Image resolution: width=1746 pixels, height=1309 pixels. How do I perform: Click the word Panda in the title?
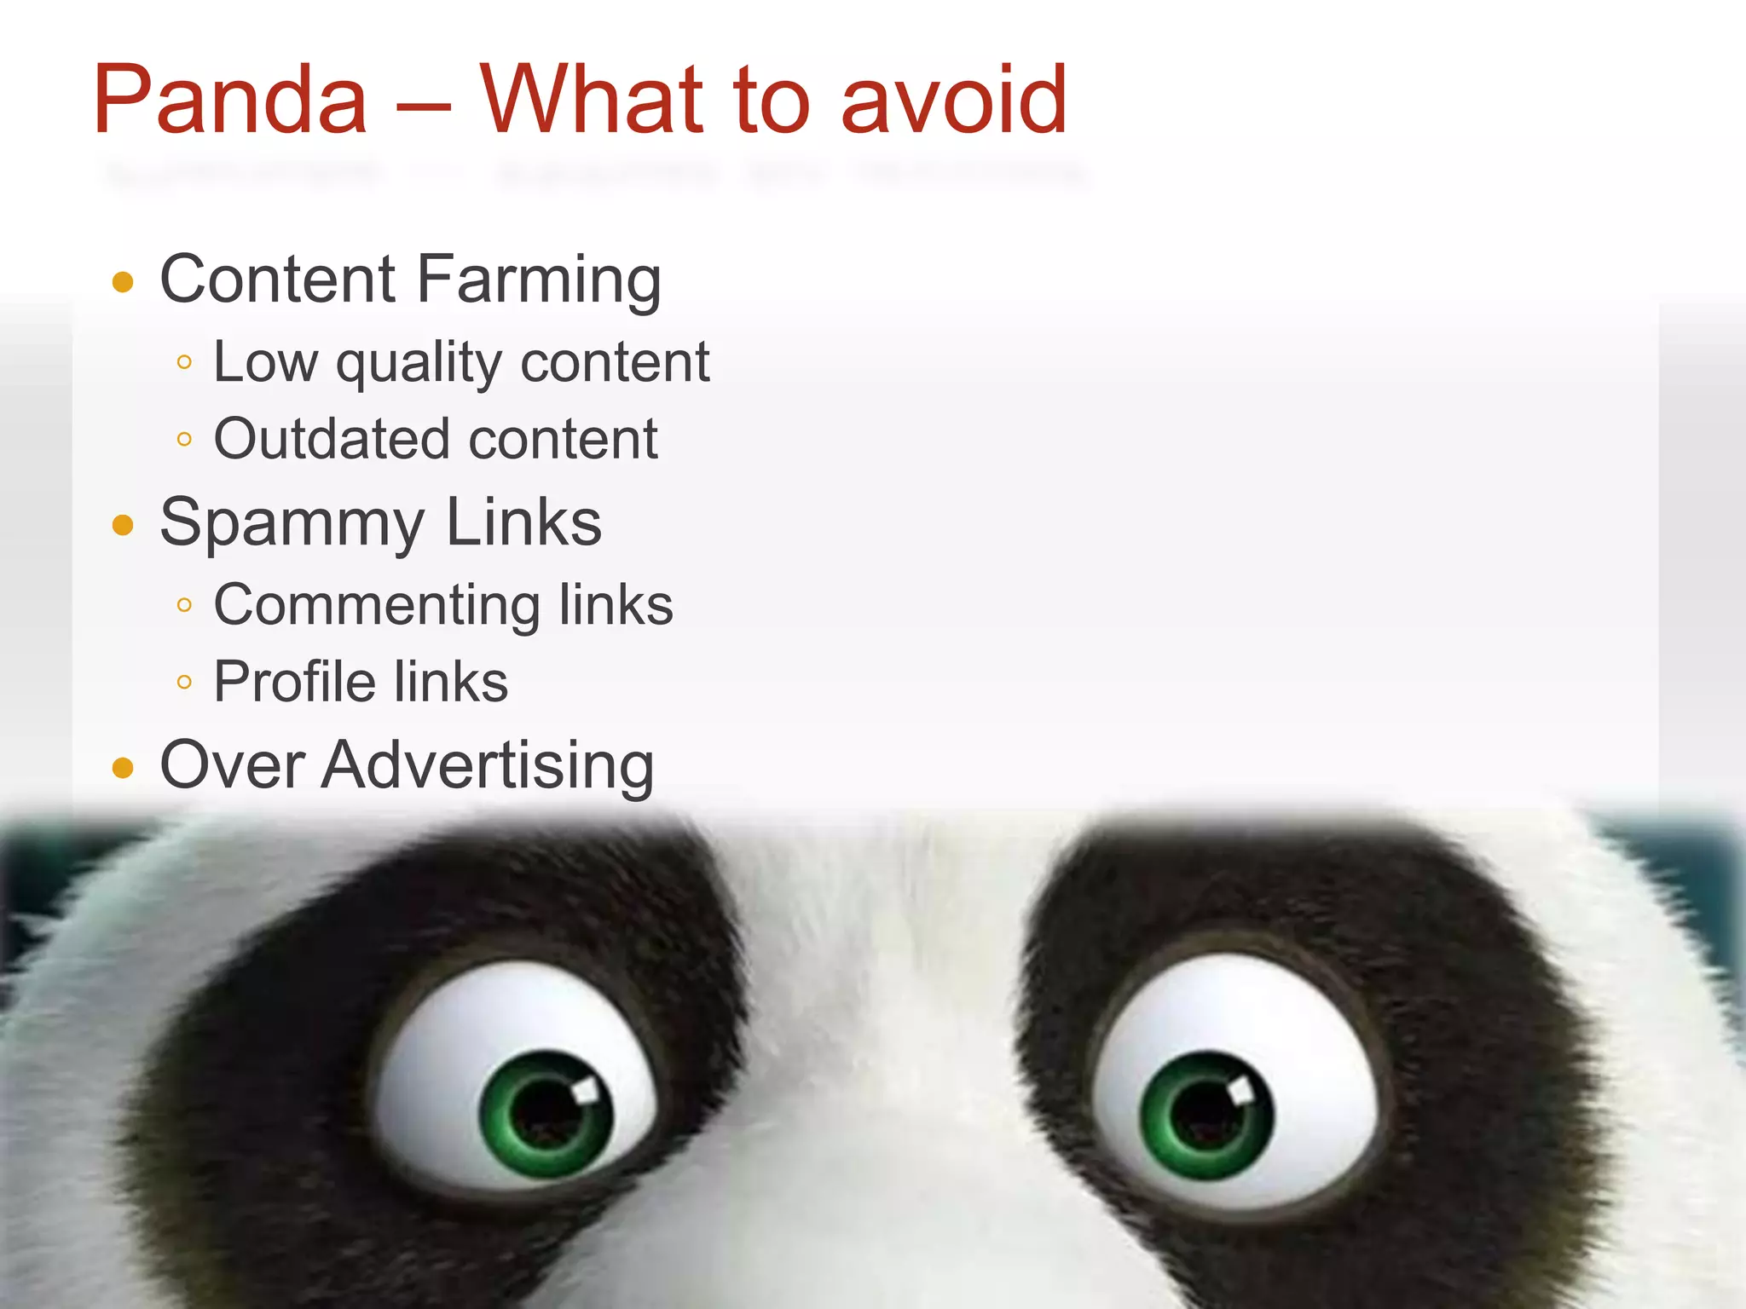230,101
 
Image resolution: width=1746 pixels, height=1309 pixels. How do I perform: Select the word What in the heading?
593,101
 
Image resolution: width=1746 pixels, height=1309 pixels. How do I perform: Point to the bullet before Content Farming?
124,282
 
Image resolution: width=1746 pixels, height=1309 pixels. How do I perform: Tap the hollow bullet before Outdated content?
184,440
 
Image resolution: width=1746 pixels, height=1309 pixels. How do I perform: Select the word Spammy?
292,523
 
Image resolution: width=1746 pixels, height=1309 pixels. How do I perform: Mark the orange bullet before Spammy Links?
124,525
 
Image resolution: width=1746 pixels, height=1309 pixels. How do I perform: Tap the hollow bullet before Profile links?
184,682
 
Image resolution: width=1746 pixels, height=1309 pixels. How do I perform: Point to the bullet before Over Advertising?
124,768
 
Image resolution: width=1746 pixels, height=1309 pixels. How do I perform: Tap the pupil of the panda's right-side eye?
1204,1113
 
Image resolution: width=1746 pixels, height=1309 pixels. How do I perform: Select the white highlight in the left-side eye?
586,1091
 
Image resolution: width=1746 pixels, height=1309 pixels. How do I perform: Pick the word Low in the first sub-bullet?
265,362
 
